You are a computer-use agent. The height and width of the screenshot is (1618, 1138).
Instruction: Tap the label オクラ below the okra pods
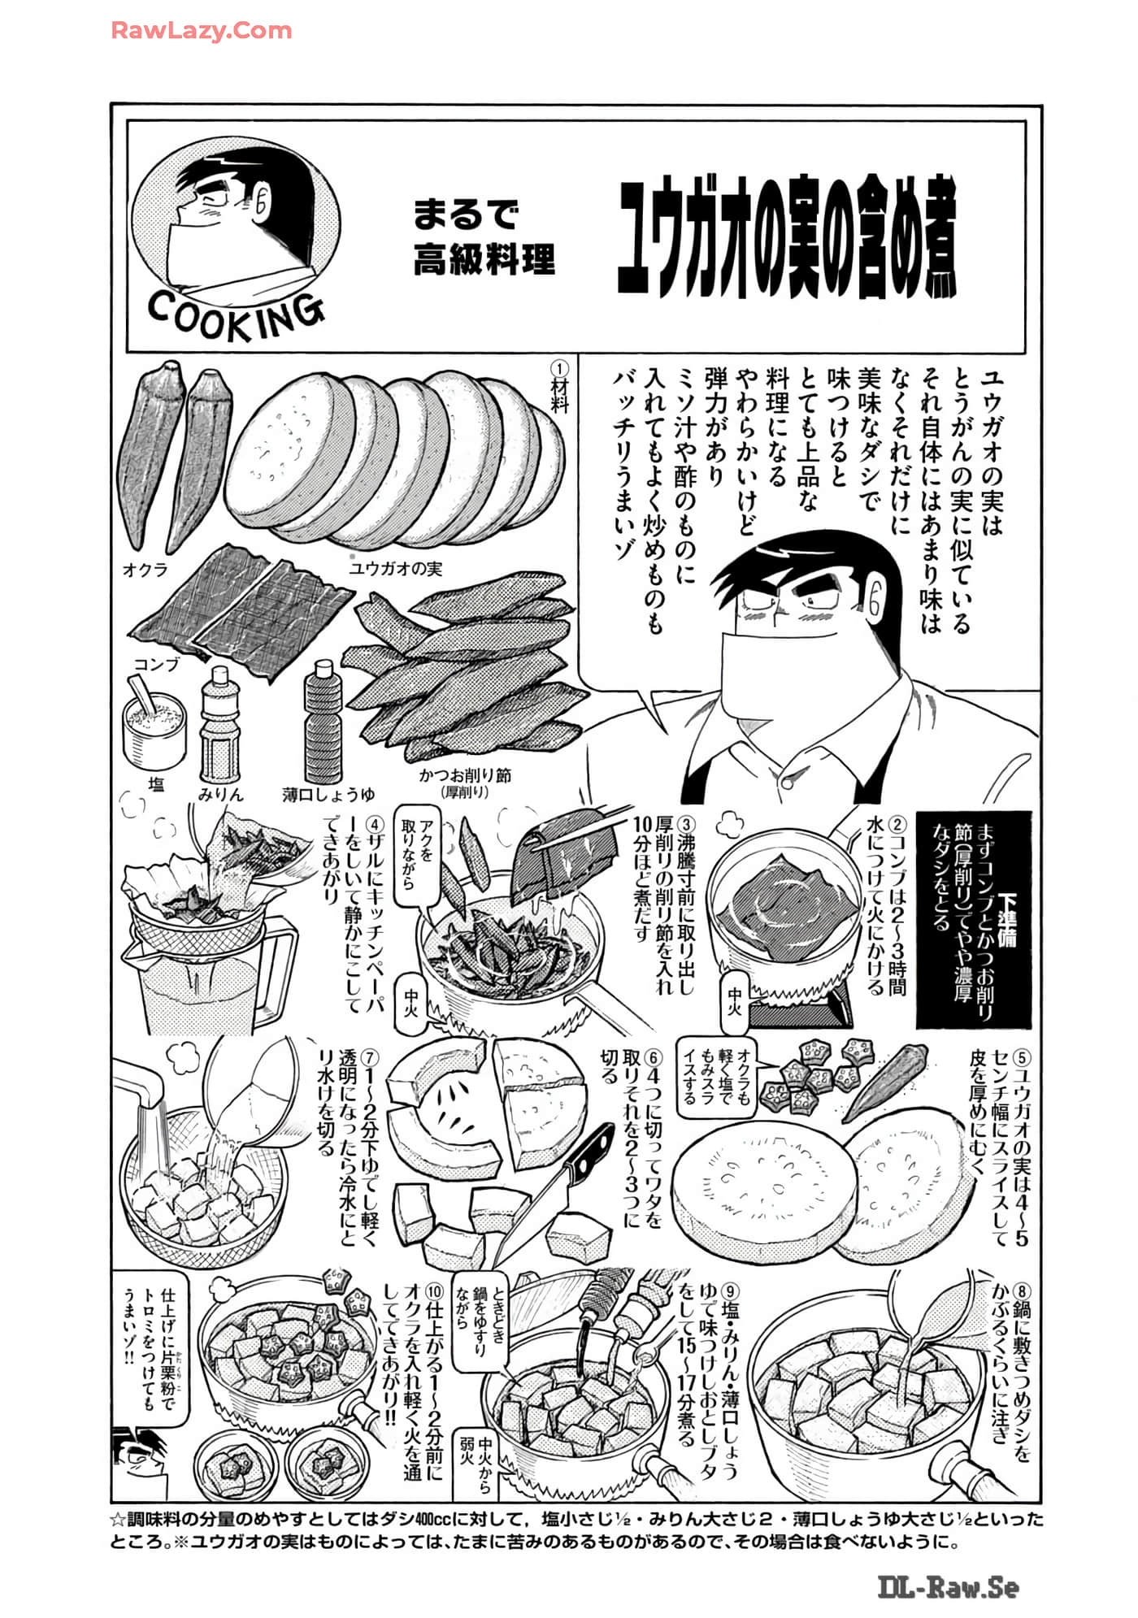145,570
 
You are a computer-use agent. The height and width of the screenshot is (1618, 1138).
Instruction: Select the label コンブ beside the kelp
156,664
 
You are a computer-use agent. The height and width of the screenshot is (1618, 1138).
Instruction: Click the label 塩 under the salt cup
155,784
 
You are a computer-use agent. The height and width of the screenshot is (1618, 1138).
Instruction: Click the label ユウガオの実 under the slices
395,568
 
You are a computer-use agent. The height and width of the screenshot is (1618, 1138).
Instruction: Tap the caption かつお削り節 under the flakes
465,775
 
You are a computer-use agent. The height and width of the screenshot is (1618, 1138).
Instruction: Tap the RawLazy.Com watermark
201,32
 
